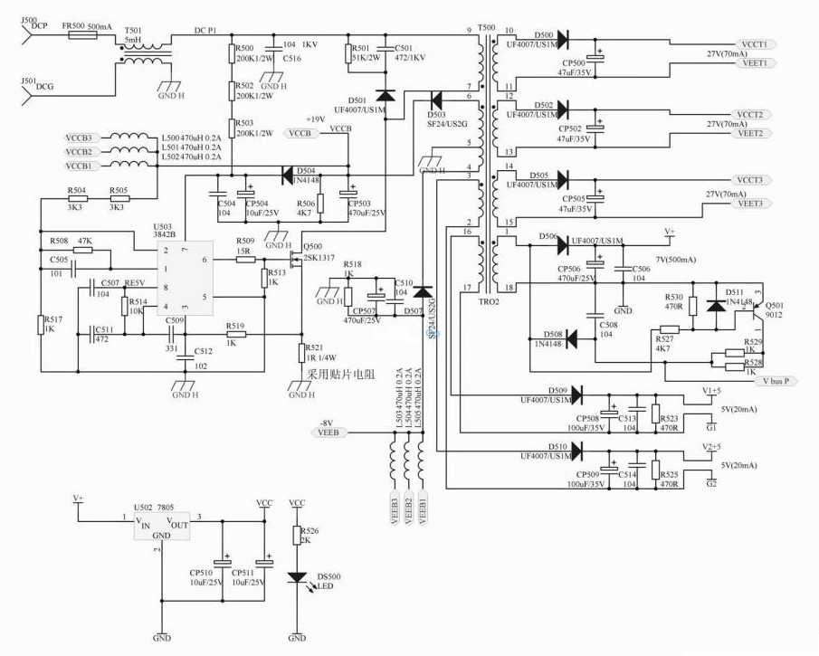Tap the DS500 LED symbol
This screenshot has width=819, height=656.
pos(296,576)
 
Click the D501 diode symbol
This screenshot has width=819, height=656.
pos(386,94)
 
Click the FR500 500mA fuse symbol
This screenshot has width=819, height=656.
pos(74,35)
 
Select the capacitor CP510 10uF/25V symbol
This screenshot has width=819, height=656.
pos(219,561)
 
